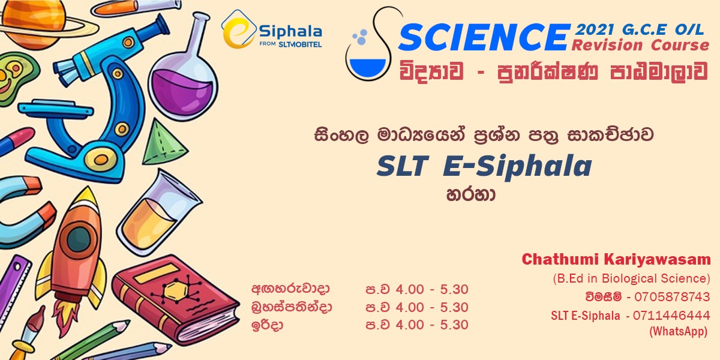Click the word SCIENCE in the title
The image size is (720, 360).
click(x=482, y=38)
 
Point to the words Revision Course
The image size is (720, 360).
click(x=640, y=46)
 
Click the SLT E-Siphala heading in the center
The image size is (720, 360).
click(x=484, y=167)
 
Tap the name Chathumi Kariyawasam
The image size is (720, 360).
click(x=616, y=260)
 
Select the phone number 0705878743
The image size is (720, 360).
click(x=671, y=297)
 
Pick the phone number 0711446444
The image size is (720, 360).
click(x=671, y=316)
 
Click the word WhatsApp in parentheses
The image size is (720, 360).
click(x=678, y=331)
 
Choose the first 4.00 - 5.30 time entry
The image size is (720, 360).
click(x=417, y=290)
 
